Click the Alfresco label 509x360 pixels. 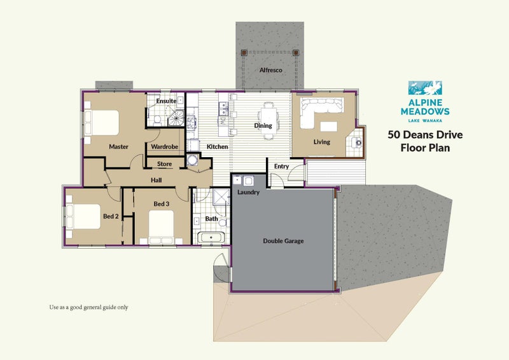(x=270, y=70)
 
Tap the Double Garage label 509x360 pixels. (x=283, y=241)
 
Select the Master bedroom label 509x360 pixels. (x=118, y=147)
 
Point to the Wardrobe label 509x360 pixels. (x=164, y=147)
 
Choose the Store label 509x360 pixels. (x=164, y=164)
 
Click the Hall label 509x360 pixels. (x=156, y=180)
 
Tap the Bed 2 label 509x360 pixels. (x=111, y=216)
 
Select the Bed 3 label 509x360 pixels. (x=162, y=204)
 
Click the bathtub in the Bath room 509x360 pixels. (x=211, y=239)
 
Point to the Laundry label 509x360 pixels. (x=248, y=192)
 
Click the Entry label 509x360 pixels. (x=281, y=167)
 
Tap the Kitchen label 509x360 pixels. (x=217, y=147)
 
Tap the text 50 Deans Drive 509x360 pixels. (x=425, y=134)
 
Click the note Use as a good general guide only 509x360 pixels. (x=89, y=307)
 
